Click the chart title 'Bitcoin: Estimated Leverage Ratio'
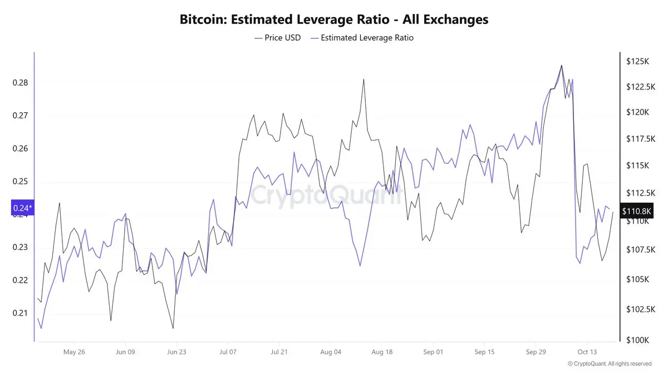334,19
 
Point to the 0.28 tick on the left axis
19,83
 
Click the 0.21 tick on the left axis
19,313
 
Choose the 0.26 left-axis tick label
19,149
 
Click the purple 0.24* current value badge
23,208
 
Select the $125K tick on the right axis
637,61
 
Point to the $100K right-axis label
637,340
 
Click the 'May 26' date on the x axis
74,352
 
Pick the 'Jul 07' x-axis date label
228,352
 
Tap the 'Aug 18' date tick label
382,352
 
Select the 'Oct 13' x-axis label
587,352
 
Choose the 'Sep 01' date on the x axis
433,352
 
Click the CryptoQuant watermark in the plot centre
325,196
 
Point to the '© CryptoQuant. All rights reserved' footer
609,364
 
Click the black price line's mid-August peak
364,79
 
